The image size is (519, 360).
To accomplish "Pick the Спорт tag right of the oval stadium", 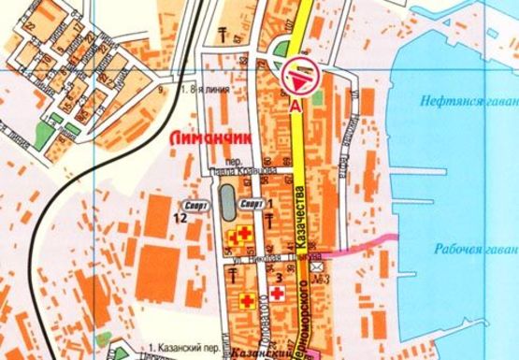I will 251,202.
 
